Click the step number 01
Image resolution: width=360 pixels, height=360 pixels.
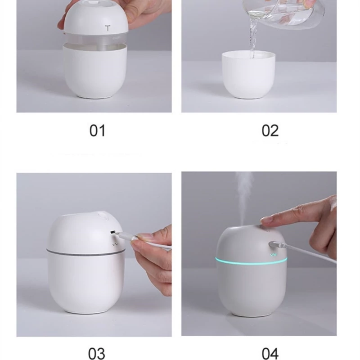[97, 130]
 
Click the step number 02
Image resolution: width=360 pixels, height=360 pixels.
[270, 130]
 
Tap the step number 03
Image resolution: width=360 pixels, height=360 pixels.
[97, 353]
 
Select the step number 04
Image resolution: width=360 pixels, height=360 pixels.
[270, 354]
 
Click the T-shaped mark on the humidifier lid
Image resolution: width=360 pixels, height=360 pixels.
[108, 28]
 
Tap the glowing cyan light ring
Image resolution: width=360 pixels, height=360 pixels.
[251, 261]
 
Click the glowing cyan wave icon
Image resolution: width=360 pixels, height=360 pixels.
[274, 255]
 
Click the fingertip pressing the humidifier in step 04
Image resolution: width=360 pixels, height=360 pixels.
[266, 221]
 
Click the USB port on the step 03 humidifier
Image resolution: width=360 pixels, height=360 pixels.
[112, 232]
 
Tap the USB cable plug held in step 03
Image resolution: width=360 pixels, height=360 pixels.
[124, 236]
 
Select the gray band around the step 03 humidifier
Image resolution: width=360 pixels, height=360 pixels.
[85, 252]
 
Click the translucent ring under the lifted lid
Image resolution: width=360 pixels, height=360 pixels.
[95, 40]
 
